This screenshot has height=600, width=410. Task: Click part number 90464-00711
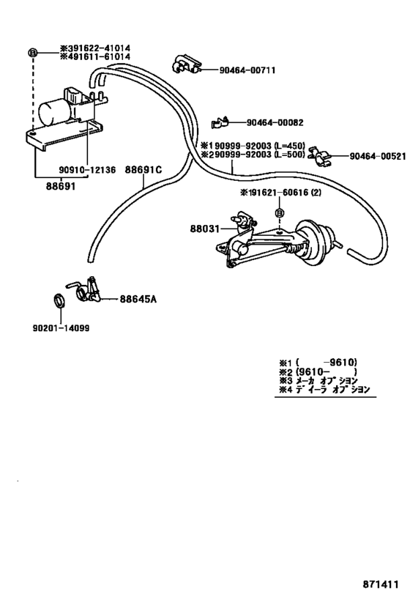tap(245, 70)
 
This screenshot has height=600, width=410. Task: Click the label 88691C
tap(143, 170)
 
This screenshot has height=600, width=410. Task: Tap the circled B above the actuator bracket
tap(279, 212)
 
